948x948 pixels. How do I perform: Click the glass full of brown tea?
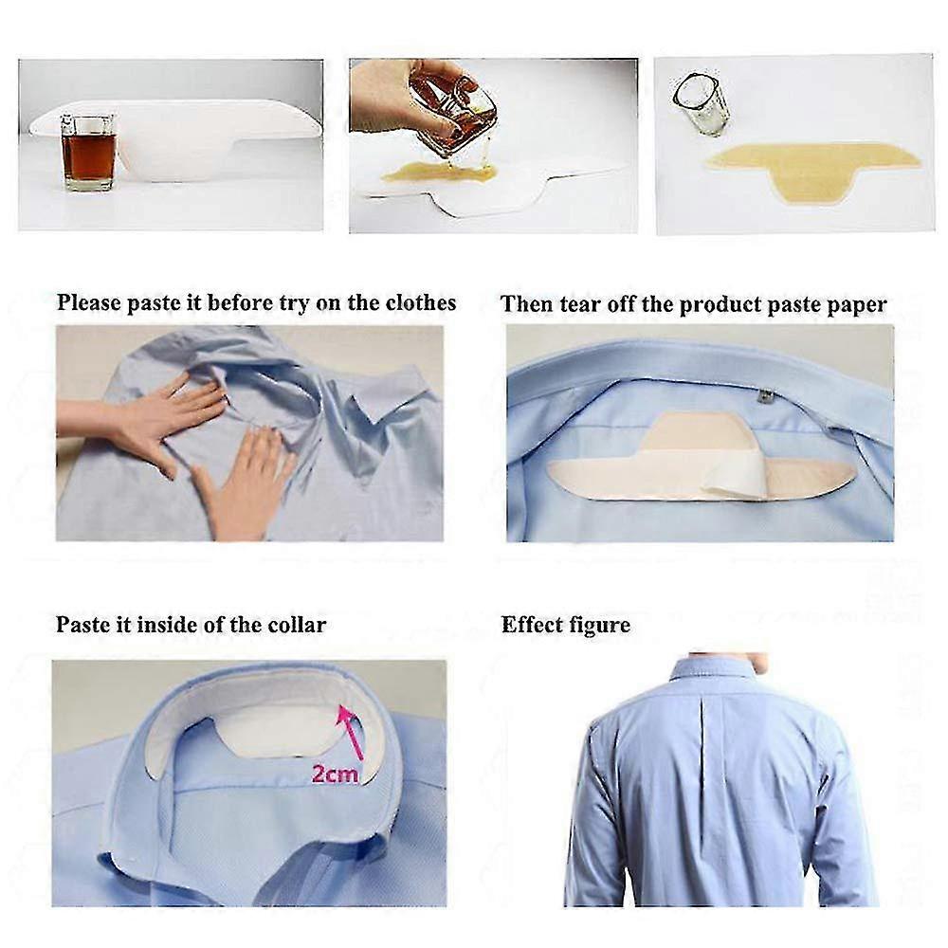tap(88, 153)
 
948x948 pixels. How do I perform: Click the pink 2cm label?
tap(335, 774)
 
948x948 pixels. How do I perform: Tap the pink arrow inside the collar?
tap(351, 732)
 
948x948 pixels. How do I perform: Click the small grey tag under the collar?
tap(765, 396)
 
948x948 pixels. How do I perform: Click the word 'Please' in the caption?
tap(89, 302)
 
